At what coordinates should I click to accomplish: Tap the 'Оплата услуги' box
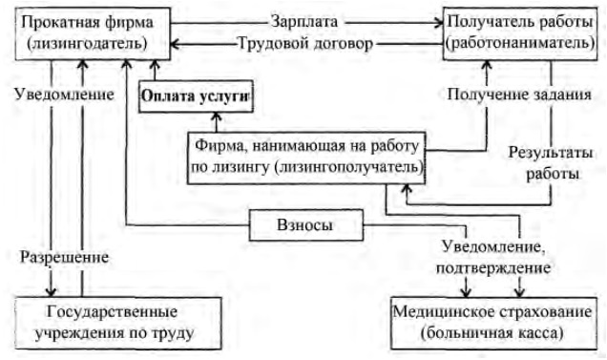point(198,95)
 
